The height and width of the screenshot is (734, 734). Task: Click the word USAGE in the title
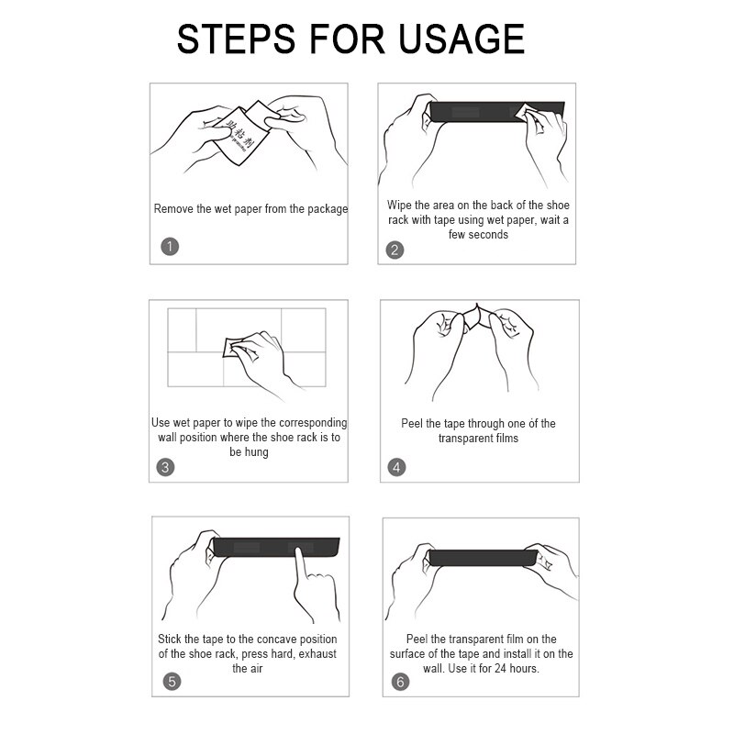coord(462,39)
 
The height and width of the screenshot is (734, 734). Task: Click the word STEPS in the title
coord(237,39)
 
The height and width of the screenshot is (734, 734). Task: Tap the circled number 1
coord(170,246)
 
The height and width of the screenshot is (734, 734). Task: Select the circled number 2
coord(395,250)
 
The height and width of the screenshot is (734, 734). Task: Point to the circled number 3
coord(165,467)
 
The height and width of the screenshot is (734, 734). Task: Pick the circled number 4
coord(396,467)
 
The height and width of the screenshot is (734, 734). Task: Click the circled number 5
coord(172,682)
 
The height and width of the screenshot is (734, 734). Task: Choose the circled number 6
coord(400,682)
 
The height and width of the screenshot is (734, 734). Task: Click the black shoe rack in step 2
coord(497,112)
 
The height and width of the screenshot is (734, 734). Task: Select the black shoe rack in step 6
coord(483,558)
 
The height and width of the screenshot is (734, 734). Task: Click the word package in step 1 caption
coord(328,209)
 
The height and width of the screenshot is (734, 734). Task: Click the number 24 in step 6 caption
coord(500,669)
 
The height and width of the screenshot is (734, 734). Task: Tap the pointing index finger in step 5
coord(300,564)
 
